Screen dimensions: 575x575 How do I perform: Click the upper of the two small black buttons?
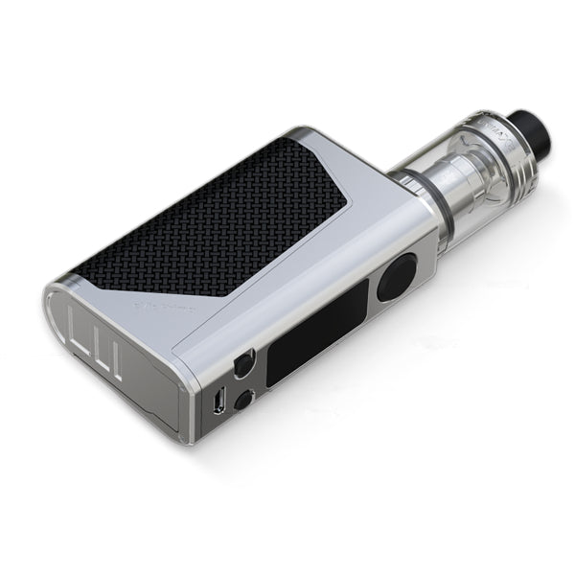(242, 367)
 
